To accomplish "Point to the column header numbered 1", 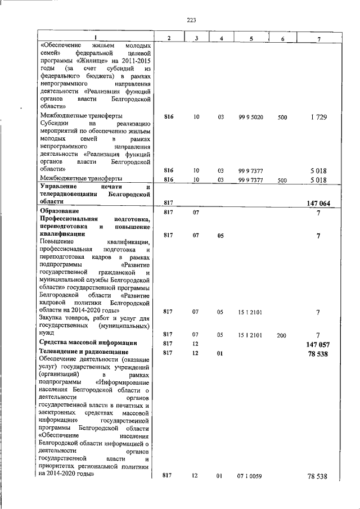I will click(96, 37).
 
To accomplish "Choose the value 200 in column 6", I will click(282, 335).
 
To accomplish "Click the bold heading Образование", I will click(58, 211).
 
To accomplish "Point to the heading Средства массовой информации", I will click(88, 343).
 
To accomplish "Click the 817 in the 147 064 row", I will click(168, 202).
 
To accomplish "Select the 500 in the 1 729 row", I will click(282, 118).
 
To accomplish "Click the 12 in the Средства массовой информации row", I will click(195, 343).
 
